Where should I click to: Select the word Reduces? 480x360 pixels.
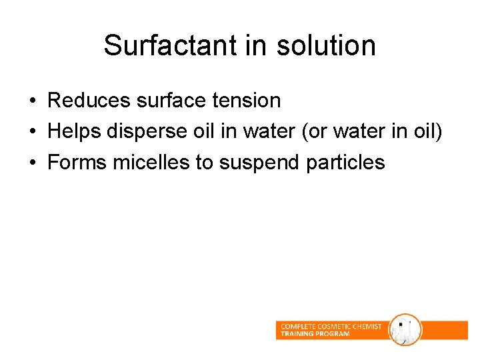89,101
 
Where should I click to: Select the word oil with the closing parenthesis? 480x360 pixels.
427,131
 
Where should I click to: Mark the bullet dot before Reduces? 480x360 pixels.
32,101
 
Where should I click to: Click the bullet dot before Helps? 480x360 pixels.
32,132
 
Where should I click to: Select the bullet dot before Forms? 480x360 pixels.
32,163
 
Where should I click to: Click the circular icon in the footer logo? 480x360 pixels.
405,330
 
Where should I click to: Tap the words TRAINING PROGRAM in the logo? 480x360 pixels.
315,334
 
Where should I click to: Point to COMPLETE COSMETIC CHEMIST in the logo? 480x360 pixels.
331,327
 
